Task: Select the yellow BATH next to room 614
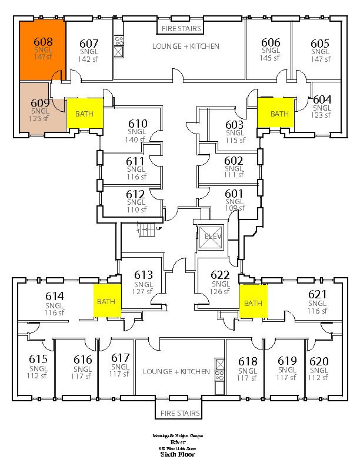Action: click(x=106, y=301)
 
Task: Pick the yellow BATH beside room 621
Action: click(x=253, y=303)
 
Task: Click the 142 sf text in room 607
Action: click(x=89, y=59)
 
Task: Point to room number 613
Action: click(x=144, y=275)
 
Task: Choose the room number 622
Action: click(x=219, y=275)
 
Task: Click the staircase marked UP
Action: click(x=149, y=229)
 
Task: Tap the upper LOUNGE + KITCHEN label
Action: click(x=185, y=46)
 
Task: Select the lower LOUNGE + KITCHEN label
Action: click(x=176, y=371)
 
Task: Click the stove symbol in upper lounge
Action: click(x=118, y=41)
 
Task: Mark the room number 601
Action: click(x=234, y=193)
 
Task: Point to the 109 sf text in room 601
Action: click(x=234, y=208)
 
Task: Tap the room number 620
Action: click(x=319, y=361)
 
